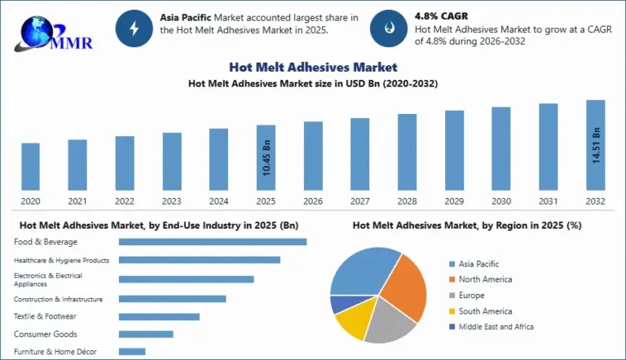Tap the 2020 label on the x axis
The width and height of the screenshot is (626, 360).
pyautogui.click(x=30, y=200)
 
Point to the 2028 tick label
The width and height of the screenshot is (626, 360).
pyautogui.click(x=407, y=200)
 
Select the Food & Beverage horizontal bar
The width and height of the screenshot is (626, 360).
pyautogui.click(x=212, y=241)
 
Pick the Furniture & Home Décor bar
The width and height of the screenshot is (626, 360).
pyautogui.click(x=132, y=352)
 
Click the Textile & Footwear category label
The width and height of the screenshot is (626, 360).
pyautogui.click(x=46, y=316)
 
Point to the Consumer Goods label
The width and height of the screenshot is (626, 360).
pyautogui.click(x=46, y=334)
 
